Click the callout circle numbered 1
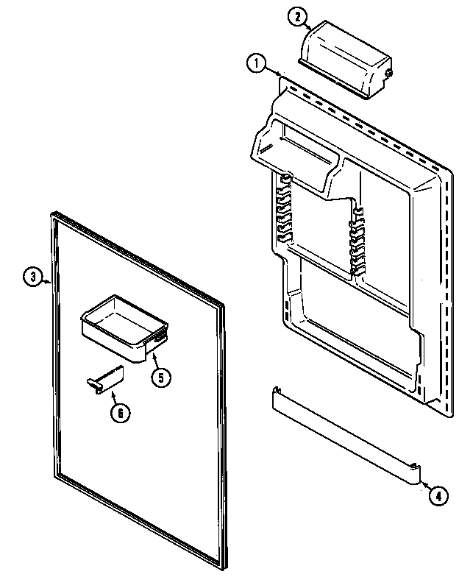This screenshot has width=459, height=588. coord(256,64)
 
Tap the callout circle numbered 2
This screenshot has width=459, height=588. coord(295,16)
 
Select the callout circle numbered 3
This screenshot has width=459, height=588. coord(32,277)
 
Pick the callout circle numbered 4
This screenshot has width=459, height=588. coord(436,495)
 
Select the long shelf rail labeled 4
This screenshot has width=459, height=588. coord(342,435)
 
